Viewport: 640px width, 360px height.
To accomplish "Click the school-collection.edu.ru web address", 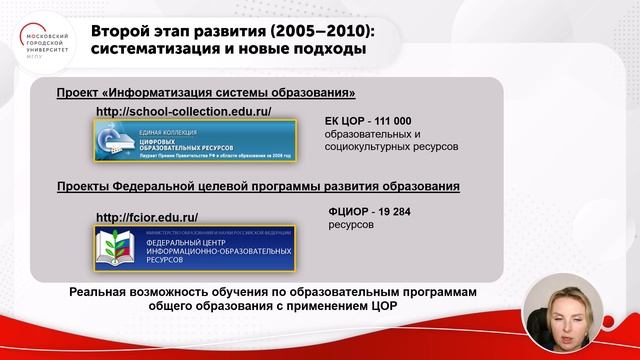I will click(x=183, y=111).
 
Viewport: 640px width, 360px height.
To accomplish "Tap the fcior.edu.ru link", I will click(x=146, y=217).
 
